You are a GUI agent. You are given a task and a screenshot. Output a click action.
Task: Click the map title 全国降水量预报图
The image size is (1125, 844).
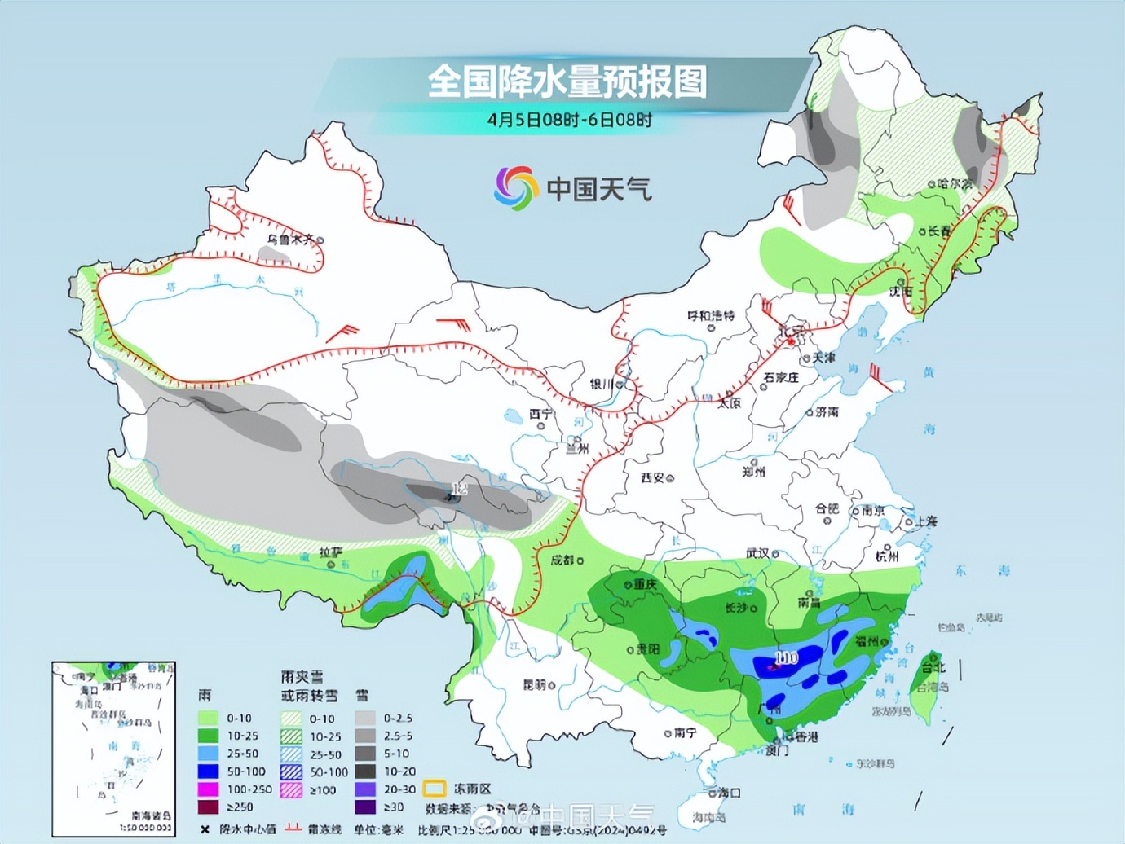(x=567, y=81)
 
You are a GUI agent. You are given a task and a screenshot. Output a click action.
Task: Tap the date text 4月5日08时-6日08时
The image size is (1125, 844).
(x=569, y=120)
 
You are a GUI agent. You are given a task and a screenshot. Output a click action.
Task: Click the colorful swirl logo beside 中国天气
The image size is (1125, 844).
(x=516, y=187)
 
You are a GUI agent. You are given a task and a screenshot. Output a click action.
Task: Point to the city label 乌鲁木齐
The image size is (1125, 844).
(x=290, y=240)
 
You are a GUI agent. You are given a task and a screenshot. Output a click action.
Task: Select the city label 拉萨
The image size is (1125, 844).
(x=330, y=552)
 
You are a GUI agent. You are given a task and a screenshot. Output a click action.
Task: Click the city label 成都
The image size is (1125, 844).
(x=562, y=560)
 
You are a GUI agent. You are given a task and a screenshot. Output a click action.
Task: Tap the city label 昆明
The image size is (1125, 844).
(x=534, y=684)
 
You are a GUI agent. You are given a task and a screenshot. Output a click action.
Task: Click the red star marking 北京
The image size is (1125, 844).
(x=790, y=342)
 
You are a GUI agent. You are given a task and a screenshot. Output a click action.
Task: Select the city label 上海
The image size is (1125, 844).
(x=925, y=521)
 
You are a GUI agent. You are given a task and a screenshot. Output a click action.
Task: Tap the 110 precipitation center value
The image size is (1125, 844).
(x=786, y=657)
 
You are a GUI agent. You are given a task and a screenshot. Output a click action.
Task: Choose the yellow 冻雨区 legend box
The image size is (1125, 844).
(x=434, y=789)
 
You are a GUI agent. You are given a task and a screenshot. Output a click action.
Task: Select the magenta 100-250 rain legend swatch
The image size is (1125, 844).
(x=209, y=789)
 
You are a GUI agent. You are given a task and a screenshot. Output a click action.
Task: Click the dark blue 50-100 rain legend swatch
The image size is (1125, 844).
(x=209, y=771)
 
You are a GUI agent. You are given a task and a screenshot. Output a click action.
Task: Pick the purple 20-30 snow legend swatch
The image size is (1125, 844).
(x=365, y=789)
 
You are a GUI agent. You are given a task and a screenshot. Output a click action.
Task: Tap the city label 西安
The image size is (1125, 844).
(x=652, y=477)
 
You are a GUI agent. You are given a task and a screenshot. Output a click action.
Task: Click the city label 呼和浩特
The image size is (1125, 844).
(x=710, y=315)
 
